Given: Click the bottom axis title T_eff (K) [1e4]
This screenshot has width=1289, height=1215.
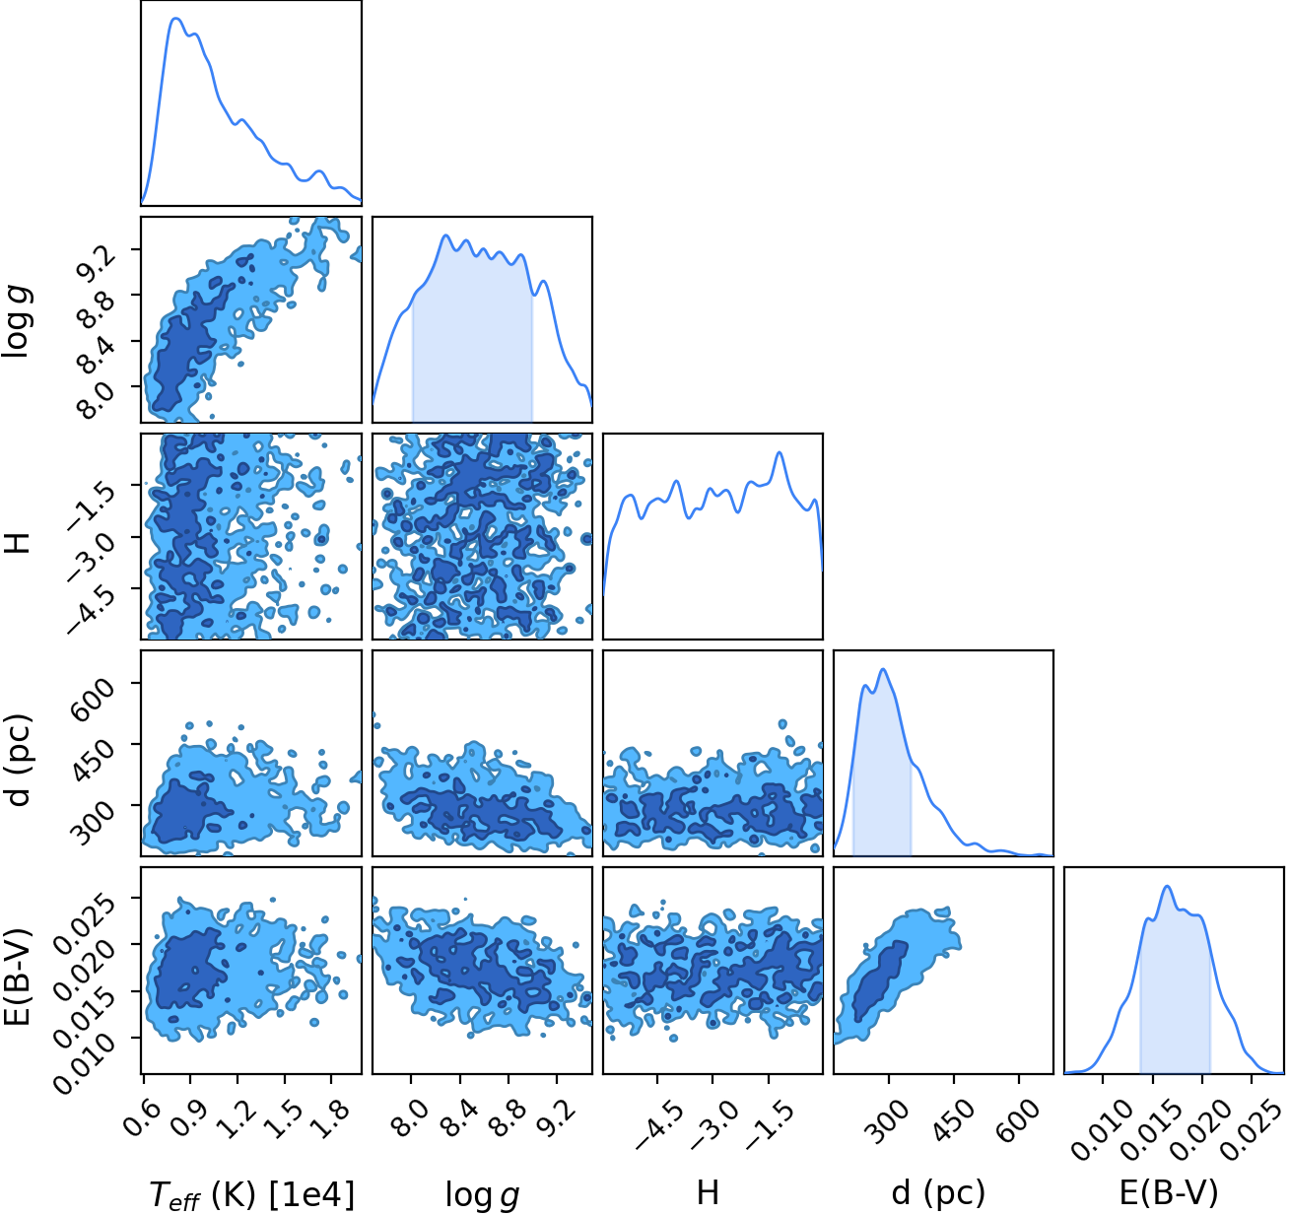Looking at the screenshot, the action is [252, 1193].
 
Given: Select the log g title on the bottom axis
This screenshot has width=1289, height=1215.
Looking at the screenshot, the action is [482, 1194].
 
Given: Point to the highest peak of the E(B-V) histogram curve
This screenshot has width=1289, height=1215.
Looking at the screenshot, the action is [1167, 886].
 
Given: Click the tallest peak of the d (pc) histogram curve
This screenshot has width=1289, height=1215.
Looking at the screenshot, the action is [883, 669].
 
